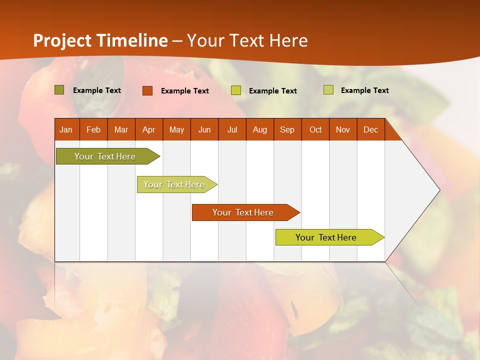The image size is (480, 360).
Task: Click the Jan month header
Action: pos(66,129)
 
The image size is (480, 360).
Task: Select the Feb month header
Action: pos(93,129)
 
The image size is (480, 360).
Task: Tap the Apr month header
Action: pos(149,129)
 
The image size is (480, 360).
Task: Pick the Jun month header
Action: pos(204,129)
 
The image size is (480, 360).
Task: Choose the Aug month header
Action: pos(260,129)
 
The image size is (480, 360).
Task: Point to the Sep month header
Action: pos(287,129)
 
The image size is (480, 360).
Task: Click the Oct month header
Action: pos(315,129)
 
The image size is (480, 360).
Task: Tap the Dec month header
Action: pos(371,129)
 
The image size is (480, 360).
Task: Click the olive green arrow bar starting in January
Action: pos(105,156)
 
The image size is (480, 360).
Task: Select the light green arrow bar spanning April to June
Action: pos(174,184)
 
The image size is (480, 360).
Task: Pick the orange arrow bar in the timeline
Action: pos(243,212)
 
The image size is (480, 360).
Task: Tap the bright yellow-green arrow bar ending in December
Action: pos(326,237)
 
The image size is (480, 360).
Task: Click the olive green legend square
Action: pos(59,90)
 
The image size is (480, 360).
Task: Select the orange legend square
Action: pos(147,90)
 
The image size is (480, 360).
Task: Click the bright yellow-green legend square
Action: pos(236,90)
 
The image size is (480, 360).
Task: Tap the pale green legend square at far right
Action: pos(328,90)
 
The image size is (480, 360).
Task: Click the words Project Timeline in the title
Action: pos(100,40)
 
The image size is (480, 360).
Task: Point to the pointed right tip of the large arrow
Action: pos(439,190)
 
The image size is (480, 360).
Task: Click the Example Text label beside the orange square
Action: pos(185,91)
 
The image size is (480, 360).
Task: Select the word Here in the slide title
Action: pos(288,40)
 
